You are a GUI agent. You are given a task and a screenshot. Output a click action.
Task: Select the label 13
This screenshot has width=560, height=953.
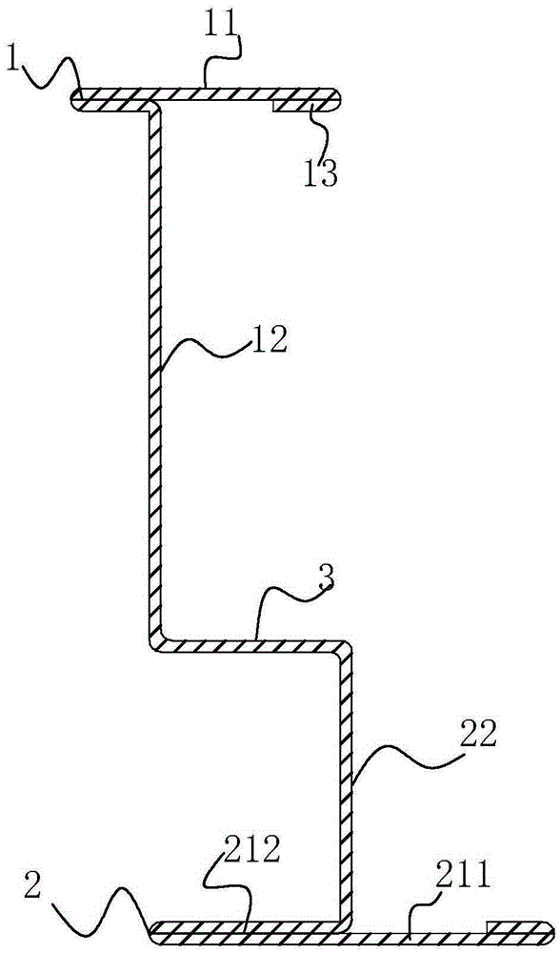pyautogui.click(x=321, y=172)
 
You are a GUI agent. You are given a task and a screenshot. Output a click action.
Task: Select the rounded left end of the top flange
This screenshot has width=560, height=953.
pyautogui.click(x=76, y=100)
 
